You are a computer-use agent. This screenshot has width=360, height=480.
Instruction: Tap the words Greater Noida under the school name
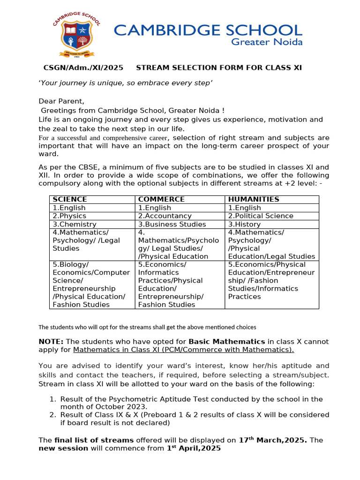point(268,42)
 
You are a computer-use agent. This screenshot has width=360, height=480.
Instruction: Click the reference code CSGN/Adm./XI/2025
point(83,68)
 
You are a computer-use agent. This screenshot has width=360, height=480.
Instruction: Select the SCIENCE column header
point(70,199)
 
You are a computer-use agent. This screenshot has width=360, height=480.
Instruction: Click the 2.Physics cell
point(69,216)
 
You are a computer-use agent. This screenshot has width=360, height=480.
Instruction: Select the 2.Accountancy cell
point(165,216)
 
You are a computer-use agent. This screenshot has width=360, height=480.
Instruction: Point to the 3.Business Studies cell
point(172,224)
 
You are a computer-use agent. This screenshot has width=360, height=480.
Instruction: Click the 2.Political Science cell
point(261,216)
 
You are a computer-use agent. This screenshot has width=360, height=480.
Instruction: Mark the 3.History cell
point(244,224)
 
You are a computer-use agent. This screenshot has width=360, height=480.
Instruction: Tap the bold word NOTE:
point(51,341)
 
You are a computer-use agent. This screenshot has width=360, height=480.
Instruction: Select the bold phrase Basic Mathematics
point(227,341)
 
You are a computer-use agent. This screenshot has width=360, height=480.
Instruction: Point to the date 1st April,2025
point(194,448)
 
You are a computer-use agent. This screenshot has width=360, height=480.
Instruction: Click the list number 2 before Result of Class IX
point(52,415)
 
